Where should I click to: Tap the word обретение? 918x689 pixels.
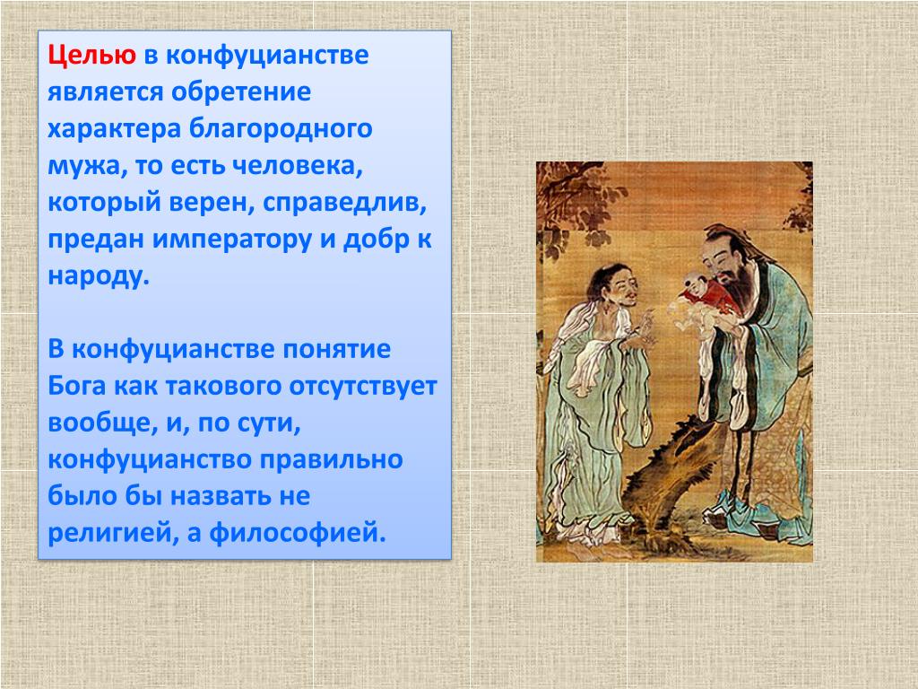(x=241, y=92)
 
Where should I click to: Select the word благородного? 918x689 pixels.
(x=281, y=129)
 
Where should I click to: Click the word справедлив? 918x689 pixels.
(x=344, y=203)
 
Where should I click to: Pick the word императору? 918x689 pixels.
(x=232, y=240)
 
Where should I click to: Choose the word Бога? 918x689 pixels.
(x=77, y=386)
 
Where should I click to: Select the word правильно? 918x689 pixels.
(x=332, y=460)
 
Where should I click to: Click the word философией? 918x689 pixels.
(x=298, y=533)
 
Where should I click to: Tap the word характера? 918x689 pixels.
(x=114, y=129)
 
